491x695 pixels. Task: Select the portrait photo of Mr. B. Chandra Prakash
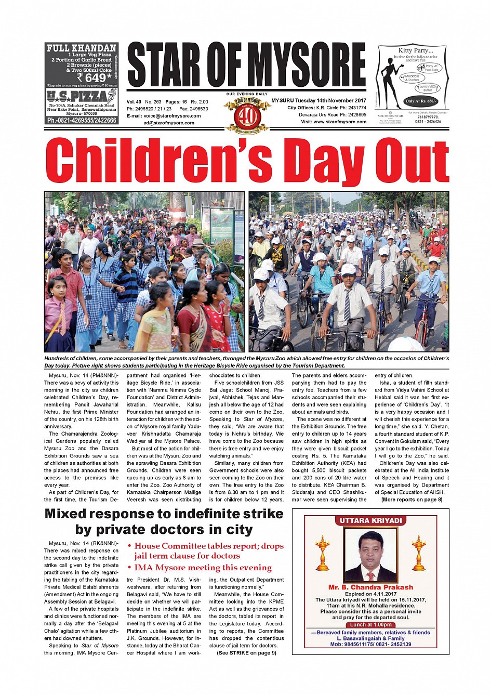pyautogui.click(x=370, y=556)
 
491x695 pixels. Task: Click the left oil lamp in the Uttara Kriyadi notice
pyautogui.click(x=323, y=553)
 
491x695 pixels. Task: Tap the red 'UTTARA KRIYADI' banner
pyautogui.click(x=370, y=520)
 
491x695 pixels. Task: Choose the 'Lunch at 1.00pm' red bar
pyautogui.click(x=370, y=625)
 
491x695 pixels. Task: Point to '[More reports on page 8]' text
pyautogui.click(x=412, y=500)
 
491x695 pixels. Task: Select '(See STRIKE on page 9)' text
pyautogui.click(x=246, y=653)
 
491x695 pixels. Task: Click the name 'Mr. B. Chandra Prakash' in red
pyautogui.click(x=370, y=587)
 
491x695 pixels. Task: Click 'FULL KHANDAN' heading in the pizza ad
pyautogui.click(x=82, y=48)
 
